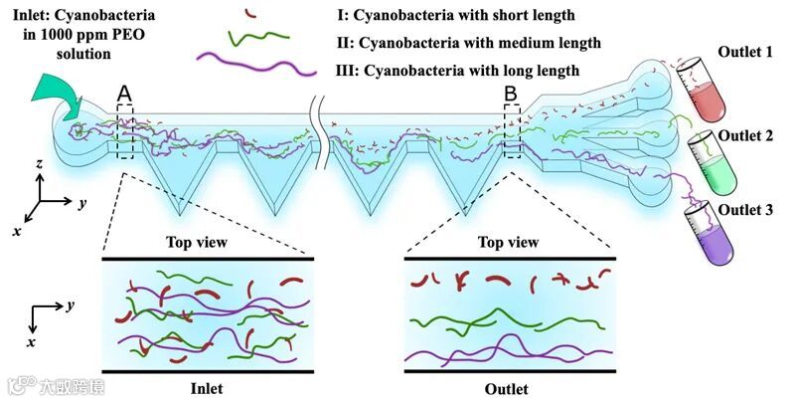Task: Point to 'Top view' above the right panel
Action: tap(509, 242)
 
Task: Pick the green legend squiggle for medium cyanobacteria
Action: tap(260, 39)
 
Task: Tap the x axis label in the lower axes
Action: tap(33, 341)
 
